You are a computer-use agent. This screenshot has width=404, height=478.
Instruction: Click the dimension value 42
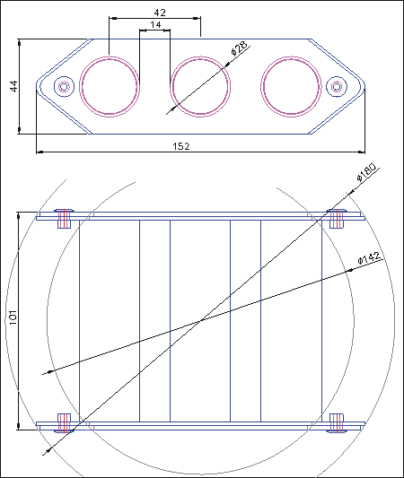coord(160,13)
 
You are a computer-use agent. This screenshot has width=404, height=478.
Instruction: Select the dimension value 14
coord(155,25)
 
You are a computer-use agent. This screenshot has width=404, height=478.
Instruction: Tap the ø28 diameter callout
coord(239,48)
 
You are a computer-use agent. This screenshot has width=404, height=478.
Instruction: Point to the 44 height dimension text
coord(13,86)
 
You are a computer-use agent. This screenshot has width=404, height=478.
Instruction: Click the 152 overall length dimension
coord(181,146)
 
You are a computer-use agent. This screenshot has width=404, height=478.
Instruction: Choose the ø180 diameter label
coord(366,172)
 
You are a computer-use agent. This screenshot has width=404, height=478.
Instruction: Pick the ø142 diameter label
coord(370,258)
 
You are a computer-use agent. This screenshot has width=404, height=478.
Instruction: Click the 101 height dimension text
coord(13,317)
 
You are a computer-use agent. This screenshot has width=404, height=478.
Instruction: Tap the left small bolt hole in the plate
coord(64,87)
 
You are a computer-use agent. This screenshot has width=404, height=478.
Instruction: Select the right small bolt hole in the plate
coord(337,87)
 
